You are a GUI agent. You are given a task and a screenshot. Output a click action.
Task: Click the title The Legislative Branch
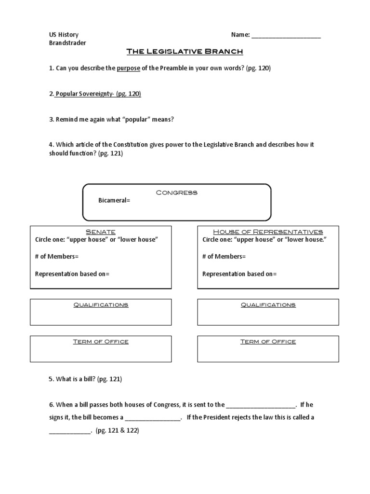[185, 51]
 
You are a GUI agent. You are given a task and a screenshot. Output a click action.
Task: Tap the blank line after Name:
[286, 35]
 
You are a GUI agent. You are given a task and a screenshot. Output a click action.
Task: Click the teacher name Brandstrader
[68, 43]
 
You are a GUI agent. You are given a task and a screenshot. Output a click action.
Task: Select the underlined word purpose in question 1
[128, 69]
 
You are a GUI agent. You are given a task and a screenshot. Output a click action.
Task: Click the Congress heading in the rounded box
[177, 192]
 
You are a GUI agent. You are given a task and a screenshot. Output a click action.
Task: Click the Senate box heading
[100, 232]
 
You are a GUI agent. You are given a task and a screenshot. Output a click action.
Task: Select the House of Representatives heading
[268, 232]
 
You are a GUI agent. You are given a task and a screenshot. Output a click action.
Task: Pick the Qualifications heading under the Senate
[100, 305]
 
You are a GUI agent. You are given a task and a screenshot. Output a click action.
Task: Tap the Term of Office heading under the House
[268, 342]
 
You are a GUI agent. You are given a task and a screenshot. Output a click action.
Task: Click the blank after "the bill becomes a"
[152, 418]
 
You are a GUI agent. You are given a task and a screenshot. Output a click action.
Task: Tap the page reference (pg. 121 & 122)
[118, 430]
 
